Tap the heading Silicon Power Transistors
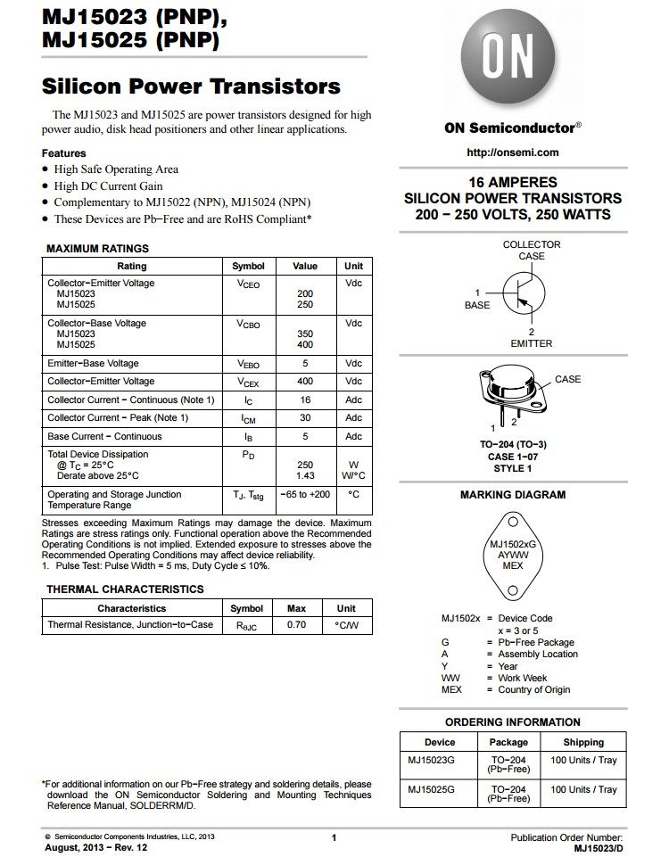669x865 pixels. tap(191, 86)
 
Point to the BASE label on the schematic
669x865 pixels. tap(477, 305)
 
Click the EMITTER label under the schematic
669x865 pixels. tap(531, 343)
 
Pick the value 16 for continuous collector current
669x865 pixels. tap(305, 400)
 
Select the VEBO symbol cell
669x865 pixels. tap(248, 364)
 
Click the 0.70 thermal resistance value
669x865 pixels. tap(296, 625)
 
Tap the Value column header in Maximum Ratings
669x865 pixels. tap(305, 266)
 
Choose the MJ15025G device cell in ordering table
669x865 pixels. tap(432, 789)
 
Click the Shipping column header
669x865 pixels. tap(583, 742)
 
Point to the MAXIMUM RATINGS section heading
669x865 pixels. tap(97, 249)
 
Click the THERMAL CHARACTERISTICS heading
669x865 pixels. tap(125, 589)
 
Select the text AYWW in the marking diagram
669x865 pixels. tap(513, 554)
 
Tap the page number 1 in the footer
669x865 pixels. tap(334, 837)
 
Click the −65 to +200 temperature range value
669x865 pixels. tap(304, 494)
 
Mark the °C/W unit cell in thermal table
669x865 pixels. tap(346, 625)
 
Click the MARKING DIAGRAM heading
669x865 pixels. tap(513, 495)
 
